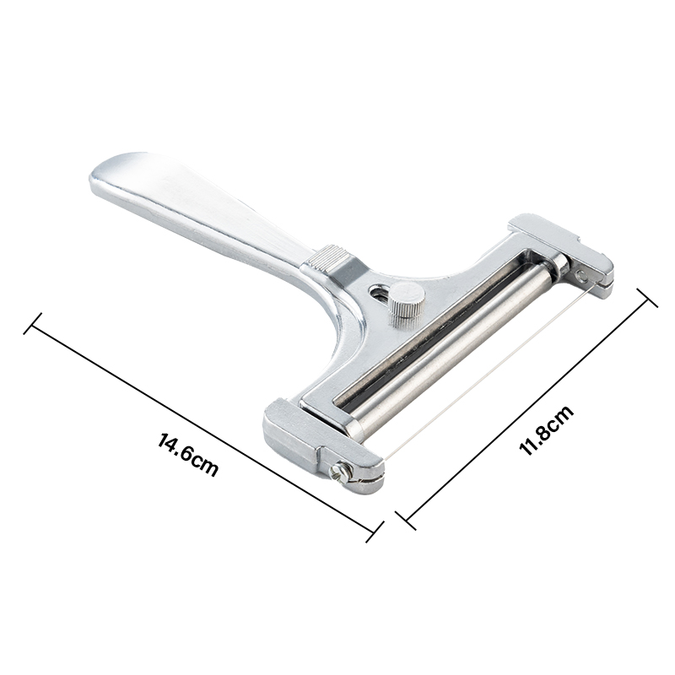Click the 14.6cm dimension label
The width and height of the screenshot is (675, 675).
pos(188,455)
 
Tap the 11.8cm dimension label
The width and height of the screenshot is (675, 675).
pos(546,429)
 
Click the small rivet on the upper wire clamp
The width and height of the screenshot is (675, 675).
pos(582,276)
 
